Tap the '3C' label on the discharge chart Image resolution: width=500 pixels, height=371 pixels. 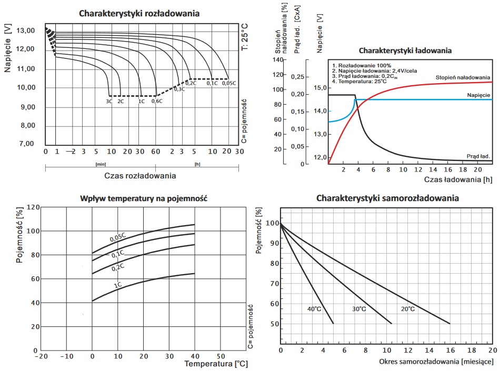[109, 101]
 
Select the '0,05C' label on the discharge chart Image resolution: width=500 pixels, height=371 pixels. [228, 83]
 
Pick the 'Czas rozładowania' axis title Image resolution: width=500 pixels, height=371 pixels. [141, 176]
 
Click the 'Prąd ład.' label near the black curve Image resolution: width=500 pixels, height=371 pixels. [478, 156]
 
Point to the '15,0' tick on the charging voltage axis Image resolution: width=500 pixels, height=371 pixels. [320, 87]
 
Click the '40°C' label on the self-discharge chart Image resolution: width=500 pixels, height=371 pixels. [315, 309]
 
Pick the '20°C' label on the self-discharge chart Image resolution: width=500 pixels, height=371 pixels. [407, 309]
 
